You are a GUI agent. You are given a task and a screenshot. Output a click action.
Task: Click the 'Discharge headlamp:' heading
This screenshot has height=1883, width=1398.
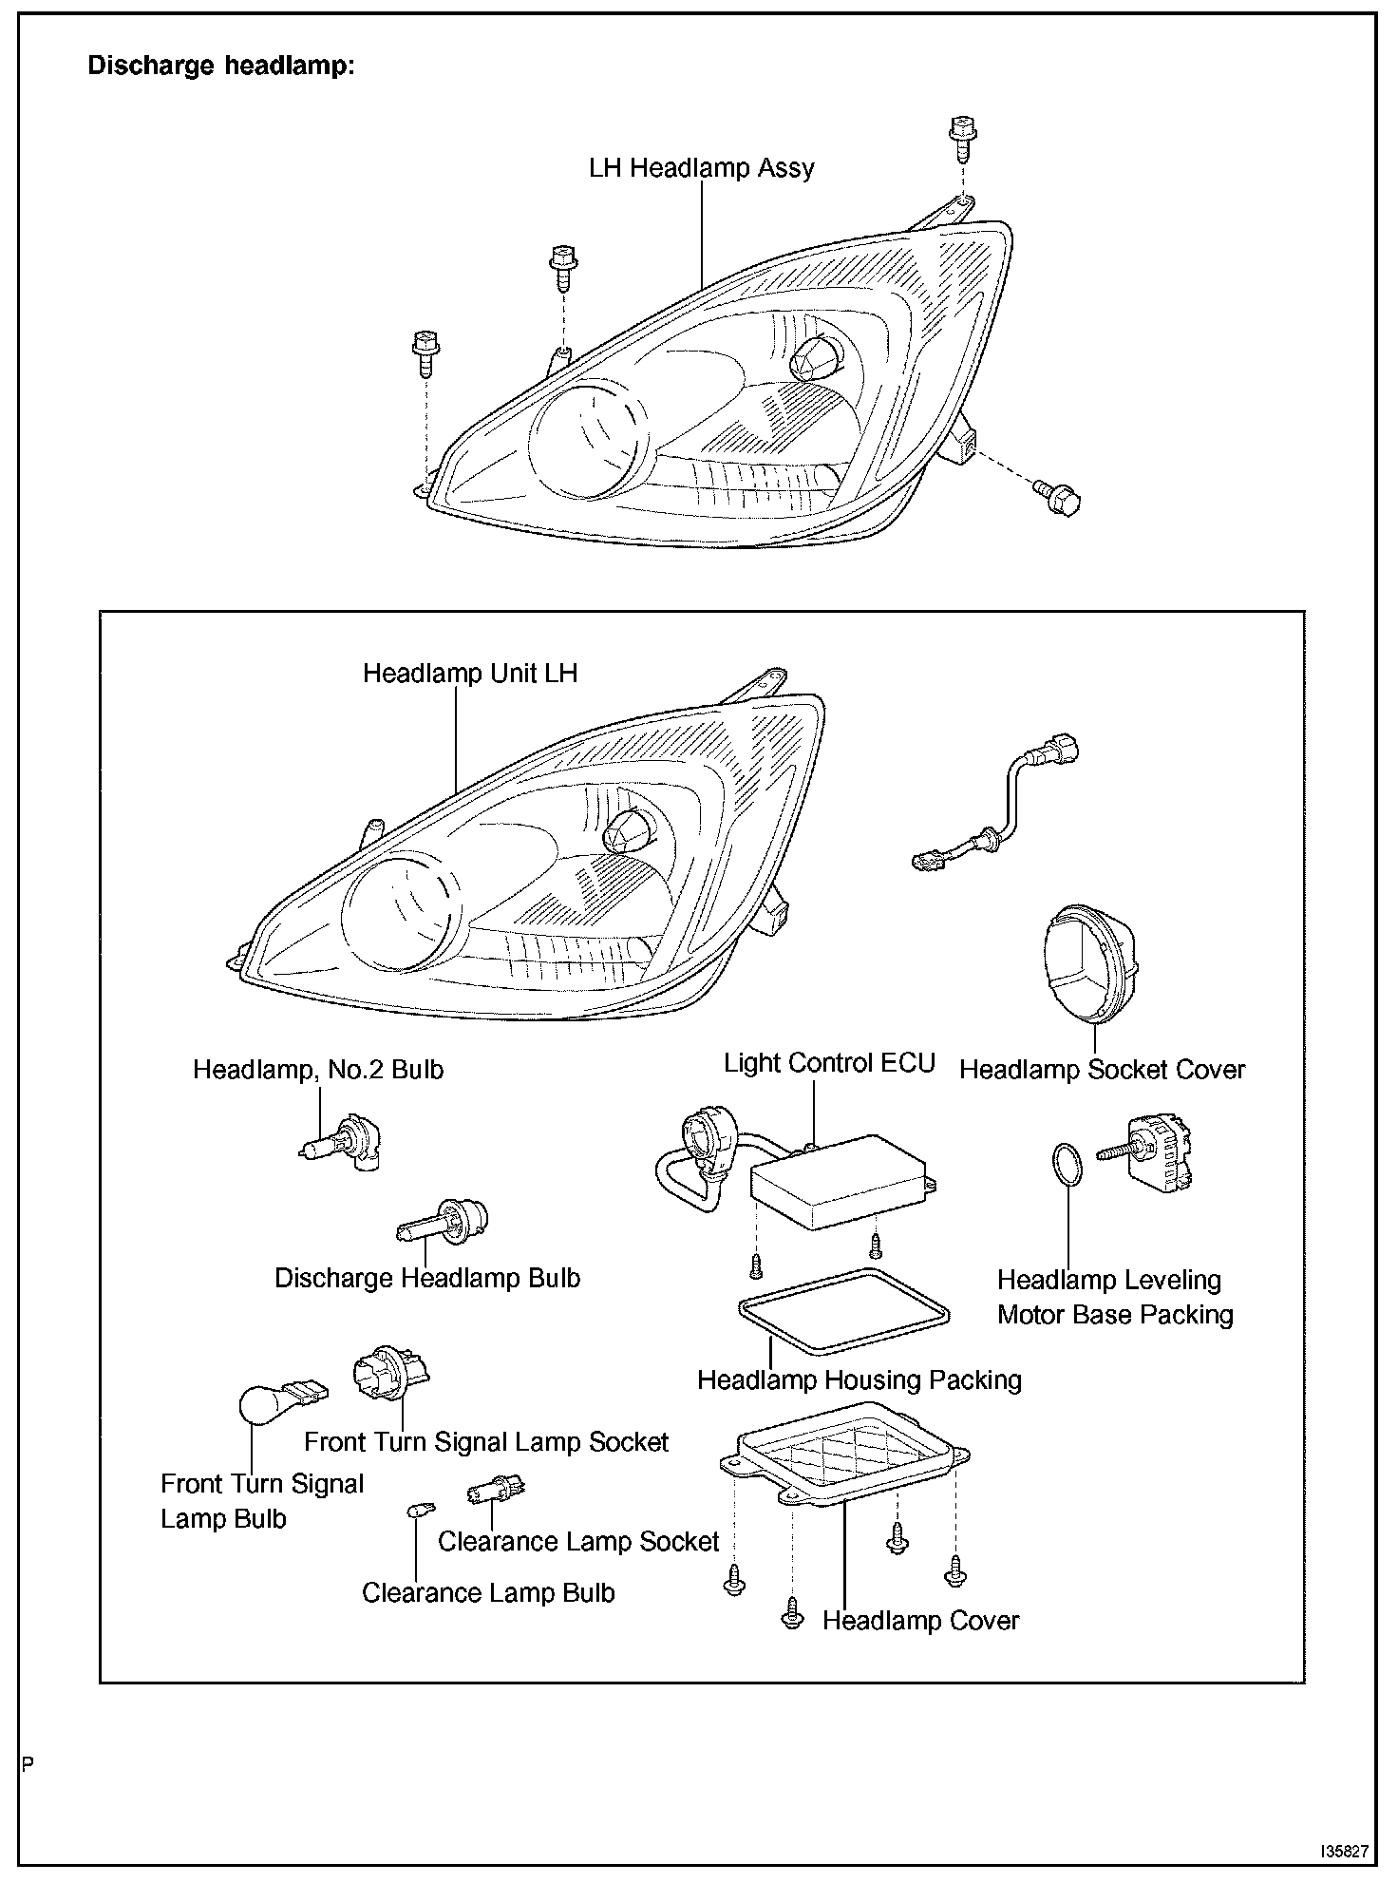click(220, 66)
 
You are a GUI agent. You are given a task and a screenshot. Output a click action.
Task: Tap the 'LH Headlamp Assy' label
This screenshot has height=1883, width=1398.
click(701, 168)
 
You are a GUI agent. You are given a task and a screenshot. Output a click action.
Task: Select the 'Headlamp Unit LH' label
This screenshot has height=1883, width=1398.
click(470, 674)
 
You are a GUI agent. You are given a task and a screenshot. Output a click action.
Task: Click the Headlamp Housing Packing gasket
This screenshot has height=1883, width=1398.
click(842, 1310)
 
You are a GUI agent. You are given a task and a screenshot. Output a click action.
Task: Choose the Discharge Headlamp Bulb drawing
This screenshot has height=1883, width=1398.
click(442, 1225)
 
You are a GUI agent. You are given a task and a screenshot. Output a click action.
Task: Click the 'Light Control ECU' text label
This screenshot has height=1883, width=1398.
click(829, 1063)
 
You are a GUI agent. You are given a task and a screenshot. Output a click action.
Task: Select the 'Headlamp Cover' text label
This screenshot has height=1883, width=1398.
click(920, 1621)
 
